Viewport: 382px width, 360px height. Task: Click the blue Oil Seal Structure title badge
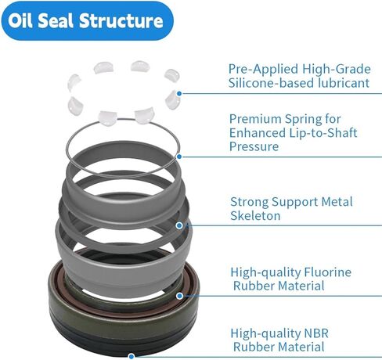(87, 20)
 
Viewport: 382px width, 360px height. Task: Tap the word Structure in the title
(121, 20)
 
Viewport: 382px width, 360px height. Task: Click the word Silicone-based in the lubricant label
(271, 83)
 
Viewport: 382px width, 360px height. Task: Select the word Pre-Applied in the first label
(263, 70)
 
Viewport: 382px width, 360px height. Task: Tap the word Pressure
(254, 146)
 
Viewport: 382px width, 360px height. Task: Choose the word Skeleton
(255, 216)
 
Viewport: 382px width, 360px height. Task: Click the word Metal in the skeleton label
(337, 202)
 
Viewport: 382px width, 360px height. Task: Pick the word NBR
(316, 333)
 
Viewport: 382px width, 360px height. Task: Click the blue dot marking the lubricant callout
(179, 93)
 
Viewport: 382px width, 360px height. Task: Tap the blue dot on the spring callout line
(179, 157)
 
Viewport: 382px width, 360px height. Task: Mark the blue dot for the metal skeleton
(179, 225)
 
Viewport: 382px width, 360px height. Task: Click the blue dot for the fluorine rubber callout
(179, 296)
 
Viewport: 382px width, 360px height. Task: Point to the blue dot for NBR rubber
(132, 356)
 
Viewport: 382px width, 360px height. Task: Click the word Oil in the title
(20, 20)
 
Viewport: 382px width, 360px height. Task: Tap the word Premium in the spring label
(255, 119)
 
